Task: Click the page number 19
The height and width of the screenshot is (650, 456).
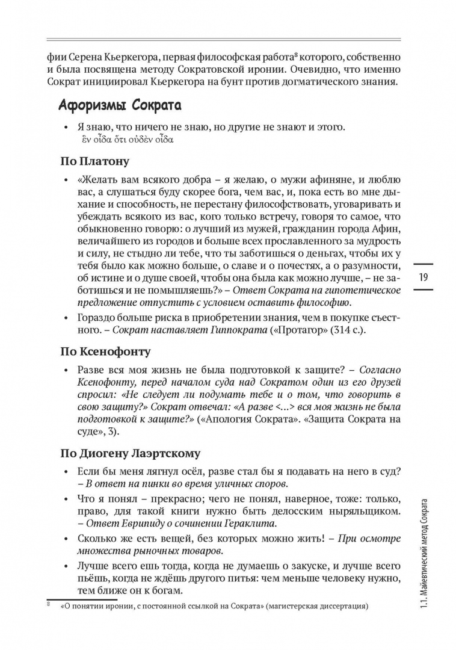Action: tap(423, 277)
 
